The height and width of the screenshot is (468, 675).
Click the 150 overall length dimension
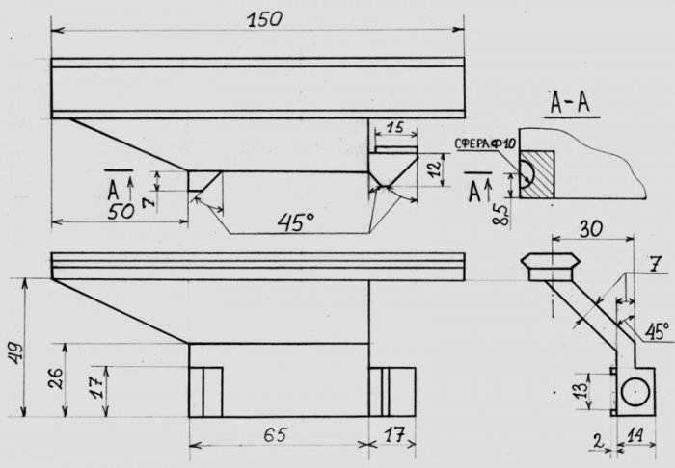point(265,19)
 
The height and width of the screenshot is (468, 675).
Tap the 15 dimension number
point(394,128)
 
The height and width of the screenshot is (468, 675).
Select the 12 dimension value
point(436,168)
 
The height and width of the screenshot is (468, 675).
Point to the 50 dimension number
point(121,212)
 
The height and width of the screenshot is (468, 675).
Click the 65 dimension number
point(275,435)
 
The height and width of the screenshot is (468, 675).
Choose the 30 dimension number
point(591,228)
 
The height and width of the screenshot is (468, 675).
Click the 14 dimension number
point(635,436)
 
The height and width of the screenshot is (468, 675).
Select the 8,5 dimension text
point(500,215)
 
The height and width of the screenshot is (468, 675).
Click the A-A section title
point(571,103)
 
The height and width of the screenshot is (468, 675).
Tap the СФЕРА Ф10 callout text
point(485,144)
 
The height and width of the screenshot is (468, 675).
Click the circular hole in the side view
point(635,392)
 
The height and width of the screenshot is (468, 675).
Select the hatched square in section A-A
point(537,174)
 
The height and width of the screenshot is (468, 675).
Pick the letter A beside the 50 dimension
point(113,191)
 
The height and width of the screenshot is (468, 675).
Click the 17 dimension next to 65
point(394,436)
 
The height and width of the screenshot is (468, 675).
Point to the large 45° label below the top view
point(296,222)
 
